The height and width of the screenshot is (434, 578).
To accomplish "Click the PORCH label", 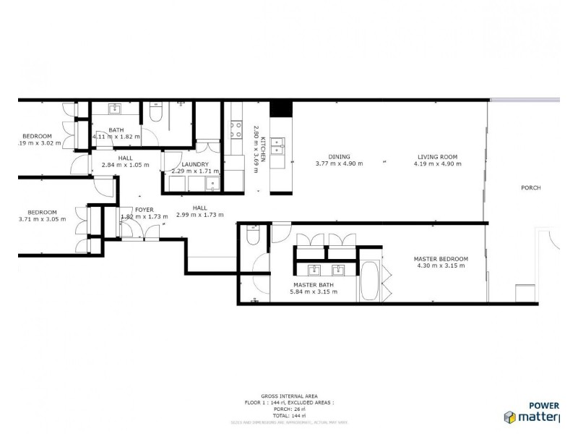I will (531, 188).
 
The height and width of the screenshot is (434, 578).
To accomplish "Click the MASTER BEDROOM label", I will (441, 259).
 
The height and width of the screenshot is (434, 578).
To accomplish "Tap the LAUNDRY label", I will (195, 164).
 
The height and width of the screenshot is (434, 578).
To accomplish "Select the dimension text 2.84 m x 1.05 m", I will (125, 165).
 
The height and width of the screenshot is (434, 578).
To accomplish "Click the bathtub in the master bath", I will (368, 282).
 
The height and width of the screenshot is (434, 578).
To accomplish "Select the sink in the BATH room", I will (114, 110).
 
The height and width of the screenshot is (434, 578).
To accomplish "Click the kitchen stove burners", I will (236, 128).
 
